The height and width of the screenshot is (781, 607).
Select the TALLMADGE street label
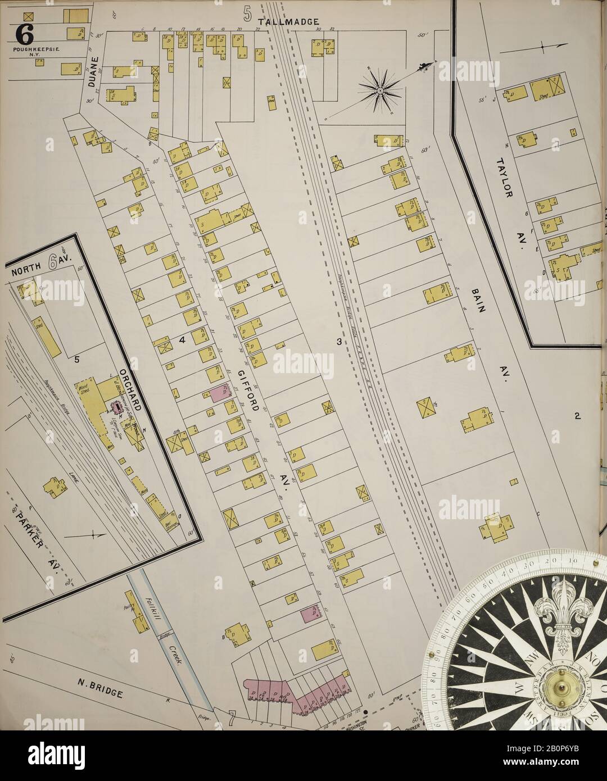pyautogui.click(x=282, y=22)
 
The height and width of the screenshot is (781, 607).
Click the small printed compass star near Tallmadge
pyautogui.click(x=380, y=89)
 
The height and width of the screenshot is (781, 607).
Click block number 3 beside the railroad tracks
pyautogui.click(x=339, y=342)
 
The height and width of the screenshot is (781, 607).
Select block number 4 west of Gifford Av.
pyautogui.click(x=182, y=339)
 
